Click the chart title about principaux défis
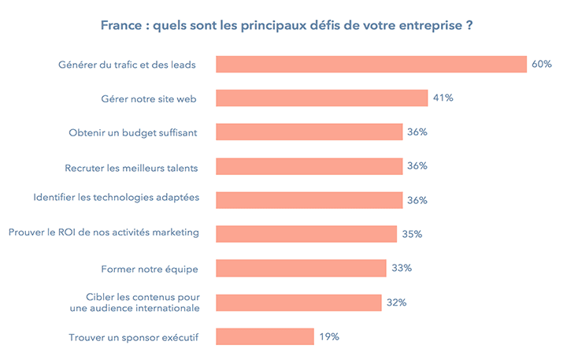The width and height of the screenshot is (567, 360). [x=287, y=25]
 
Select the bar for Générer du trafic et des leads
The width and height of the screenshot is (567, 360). [x=371, y=64]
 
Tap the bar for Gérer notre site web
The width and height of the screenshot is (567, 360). [x=321, y=98]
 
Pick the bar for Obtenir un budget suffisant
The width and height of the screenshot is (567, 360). [x=309, y=132]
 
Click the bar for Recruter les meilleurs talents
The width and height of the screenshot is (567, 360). [x=309, y=165]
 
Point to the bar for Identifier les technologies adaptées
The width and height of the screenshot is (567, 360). [x=309, y=200]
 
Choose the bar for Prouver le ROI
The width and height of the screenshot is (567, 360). [x=306, y=234]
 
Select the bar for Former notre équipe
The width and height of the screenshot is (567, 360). [x=301, y=268]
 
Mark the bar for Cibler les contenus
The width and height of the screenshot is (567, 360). [x=298, y=302]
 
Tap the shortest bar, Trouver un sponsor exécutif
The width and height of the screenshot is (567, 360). [x=265, y=336]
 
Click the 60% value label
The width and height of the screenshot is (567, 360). [x=541, y=64]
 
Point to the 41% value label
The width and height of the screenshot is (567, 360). [x=442, y=98]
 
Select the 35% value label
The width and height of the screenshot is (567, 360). [x=412, y=234]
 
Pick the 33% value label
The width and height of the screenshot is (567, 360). [x=402, y=268]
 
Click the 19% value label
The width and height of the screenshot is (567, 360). [x=328, y=336]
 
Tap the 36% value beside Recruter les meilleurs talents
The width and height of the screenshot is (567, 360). [x=417, y=165]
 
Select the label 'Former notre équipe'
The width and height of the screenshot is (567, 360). [x=149, y=269]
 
